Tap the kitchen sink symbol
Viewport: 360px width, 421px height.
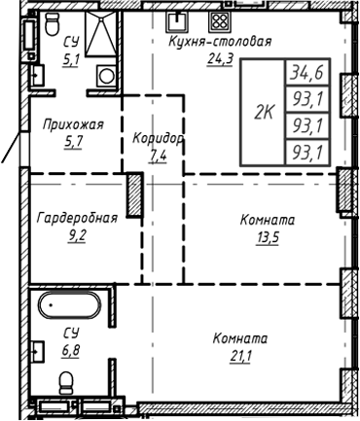coord(178,19)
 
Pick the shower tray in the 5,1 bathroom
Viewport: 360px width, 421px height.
coord(99,39)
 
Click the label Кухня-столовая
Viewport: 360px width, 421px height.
coord(219,41)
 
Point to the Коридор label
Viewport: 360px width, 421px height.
coord(158,139)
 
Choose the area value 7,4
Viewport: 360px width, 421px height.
coord(158,154)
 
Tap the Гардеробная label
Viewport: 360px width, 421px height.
coord(77,218)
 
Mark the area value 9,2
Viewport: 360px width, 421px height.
coord(77,233)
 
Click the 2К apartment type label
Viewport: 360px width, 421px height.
coord(263,112)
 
